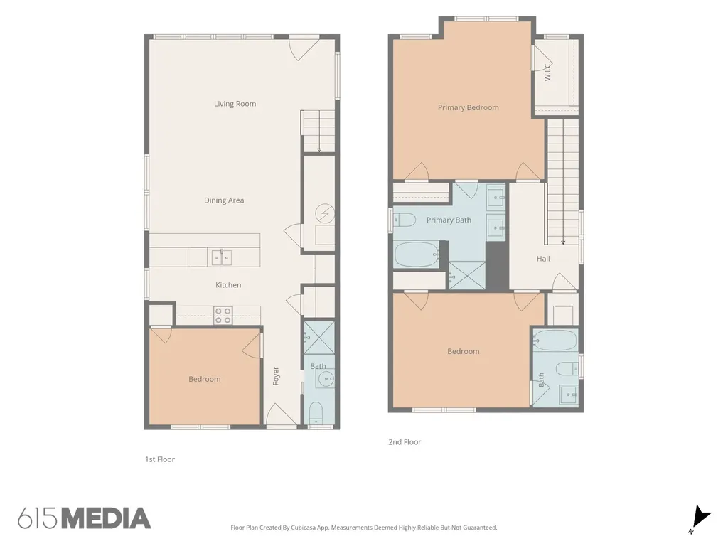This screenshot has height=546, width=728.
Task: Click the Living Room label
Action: (x=235, y=104)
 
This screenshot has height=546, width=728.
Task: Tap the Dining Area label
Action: (x=224, y=200)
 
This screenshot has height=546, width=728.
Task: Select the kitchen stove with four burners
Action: (x=223, y=315)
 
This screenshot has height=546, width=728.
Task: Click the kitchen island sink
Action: (x=222, y=257)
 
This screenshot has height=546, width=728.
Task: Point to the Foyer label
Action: (x=276, y=376)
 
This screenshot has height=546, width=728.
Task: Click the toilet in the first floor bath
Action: (x=316, y=413)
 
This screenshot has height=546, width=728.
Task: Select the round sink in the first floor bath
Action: (x=326, y=378)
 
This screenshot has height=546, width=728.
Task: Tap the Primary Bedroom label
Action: (x=468, y=107)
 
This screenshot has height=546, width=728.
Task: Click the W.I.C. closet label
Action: (x=548, y=72)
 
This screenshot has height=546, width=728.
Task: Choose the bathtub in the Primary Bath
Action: (x=416, y=255)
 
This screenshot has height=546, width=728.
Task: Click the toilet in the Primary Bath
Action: (x=405, y=220)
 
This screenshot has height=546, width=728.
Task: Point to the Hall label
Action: (x=543, y=259)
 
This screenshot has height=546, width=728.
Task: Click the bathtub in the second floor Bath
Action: (x=555, y=341)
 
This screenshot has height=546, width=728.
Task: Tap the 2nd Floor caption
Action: (x=405, y=442)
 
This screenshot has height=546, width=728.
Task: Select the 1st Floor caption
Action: (x=160, y=459)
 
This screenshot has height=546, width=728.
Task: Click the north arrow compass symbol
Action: (x=700, y=518)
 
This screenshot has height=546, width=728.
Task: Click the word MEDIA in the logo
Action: (x=107, y=518)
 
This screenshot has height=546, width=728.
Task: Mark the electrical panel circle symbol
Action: (x=324, y=213)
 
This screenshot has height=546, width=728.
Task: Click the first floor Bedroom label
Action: (x=204, y=379)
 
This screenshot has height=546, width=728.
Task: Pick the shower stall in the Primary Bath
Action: (x=467, y=276)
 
